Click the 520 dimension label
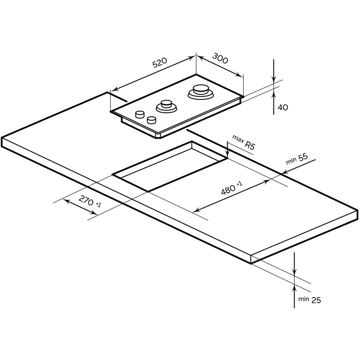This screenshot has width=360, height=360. point(160,63)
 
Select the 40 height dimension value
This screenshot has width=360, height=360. point(283,107)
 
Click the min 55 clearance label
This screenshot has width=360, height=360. point(297,159)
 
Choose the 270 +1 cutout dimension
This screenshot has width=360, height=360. point(90,201)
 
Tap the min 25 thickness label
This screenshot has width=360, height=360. point(310,300)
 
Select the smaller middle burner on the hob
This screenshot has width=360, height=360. point(166,106)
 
